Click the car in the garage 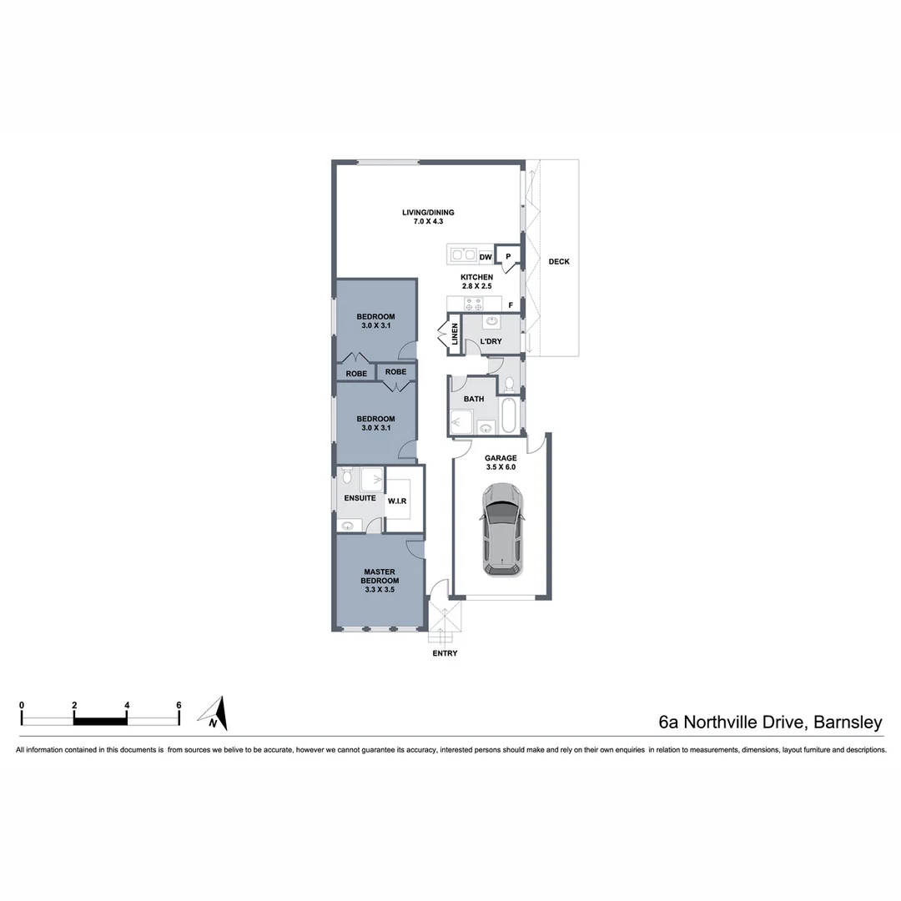click(x=503, y=531)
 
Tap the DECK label click(x=559, y=262)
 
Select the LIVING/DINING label click(x=428, y=213)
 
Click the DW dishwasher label click(x=486, y=258)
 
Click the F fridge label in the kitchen click(x=510, y=305)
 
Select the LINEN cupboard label click(x=455, y=335)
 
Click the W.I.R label click(x=397, y=501)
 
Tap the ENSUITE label click(x=360, y=498)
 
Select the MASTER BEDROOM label click(x=380, y=581)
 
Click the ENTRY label click(x=445, y=653)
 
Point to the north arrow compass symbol click(x=214, y=713)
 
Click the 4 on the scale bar click(x=127, y=705)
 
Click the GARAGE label click(x=501, y=458)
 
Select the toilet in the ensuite click(x=346, y=476)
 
